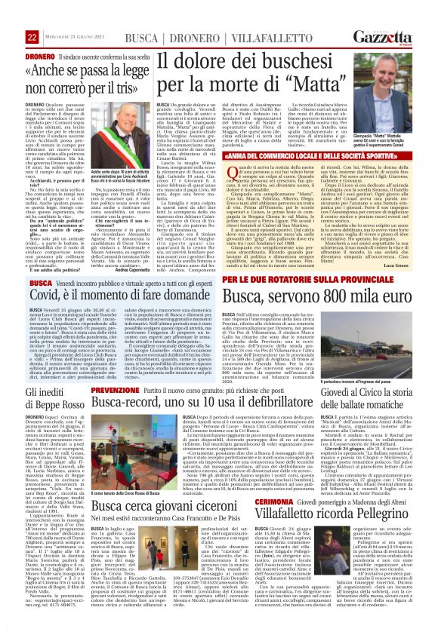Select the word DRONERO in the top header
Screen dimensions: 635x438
172,37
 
